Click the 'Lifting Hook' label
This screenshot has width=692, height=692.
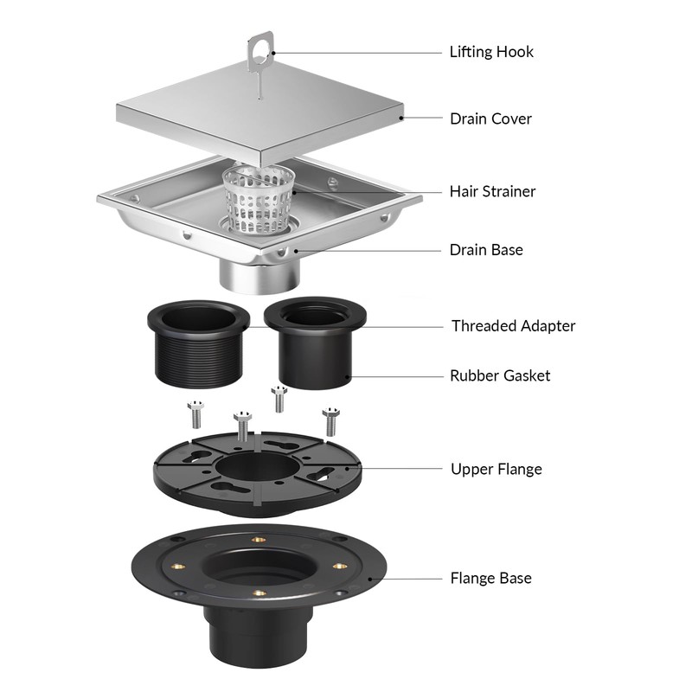(491, 52)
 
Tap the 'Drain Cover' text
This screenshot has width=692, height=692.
(490, 119)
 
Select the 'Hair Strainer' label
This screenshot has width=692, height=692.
(492, 191)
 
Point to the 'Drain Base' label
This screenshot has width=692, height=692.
(486, 250)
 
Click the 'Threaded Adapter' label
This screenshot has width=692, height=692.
(513, 326)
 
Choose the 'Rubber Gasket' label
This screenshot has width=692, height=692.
(500, 376)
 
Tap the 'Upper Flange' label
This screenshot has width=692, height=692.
(497, 469)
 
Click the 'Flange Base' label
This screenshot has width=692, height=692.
(490, 578)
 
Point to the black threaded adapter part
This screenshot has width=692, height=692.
(199, 344)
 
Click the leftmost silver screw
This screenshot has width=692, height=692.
(195, 414)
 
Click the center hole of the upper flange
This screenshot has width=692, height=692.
(256, 468)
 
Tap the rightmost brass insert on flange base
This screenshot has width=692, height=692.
(338, 567)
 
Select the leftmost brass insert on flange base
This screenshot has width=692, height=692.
(179, 567)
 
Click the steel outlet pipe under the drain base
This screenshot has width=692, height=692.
(260, 275)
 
